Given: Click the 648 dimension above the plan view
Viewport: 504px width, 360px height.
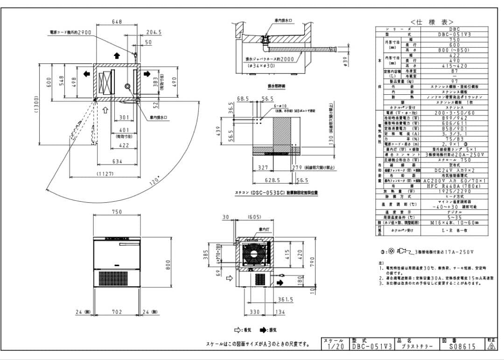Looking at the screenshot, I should [117, 21].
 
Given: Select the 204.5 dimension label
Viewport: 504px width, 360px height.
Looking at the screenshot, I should [154, 32].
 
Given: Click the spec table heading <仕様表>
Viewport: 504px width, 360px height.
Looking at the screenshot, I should [432, 22].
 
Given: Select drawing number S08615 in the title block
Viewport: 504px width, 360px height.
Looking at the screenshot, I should [462, 346].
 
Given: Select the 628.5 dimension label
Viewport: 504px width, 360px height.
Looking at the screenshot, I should [272, 180].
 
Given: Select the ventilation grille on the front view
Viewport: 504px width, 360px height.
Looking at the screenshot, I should [117, 278].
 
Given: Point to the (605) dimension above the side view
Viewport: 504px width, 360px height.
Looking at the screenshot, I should [255, 217].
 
